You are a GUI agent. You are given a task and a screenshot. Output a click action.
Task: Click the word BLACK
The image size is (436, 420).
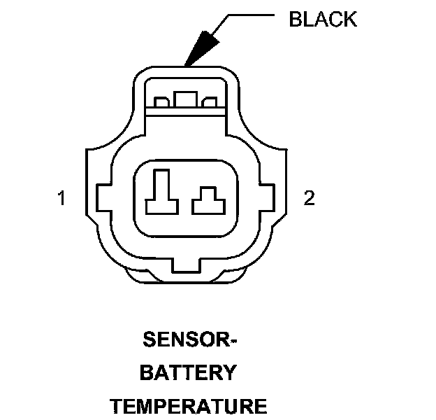pyautogui.click(x=323, y=19)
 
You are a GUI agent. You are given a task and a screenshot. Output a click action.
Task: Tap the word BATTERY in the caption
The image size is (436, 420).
pyautogui.click(x=189, y=373)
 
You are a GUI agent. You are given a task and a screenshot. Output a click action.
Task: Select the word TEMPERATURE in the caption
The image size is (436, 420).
pyautogui.click(x=189, y=406)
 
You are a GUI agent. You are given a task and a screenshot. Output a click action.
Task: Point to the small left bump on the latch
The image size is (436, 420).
pyautogui.click(x=161, y=103)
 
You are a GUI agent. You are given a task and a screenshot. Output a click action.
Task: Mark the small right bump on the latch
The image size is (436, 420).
pyautogui.click(x=208, y=103)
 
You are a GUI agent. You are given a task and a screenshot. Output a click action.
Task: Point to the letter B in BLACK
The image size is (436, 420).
pyautogui.click(x=295, y=19)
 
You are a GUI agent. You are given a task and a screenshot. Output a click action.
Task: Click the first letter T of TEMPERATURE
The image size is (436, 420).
pyautogui.click(x=117, y=406)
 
